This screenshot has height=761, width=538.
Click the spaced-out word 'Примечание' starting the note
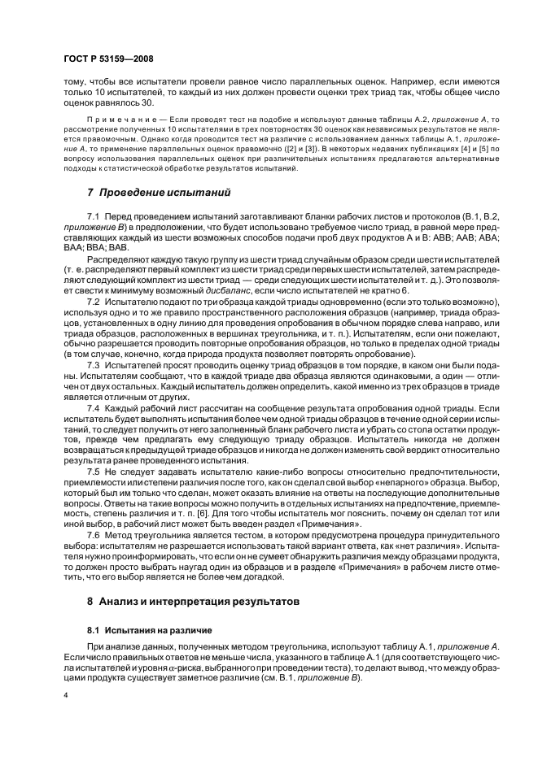(112, 119)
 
